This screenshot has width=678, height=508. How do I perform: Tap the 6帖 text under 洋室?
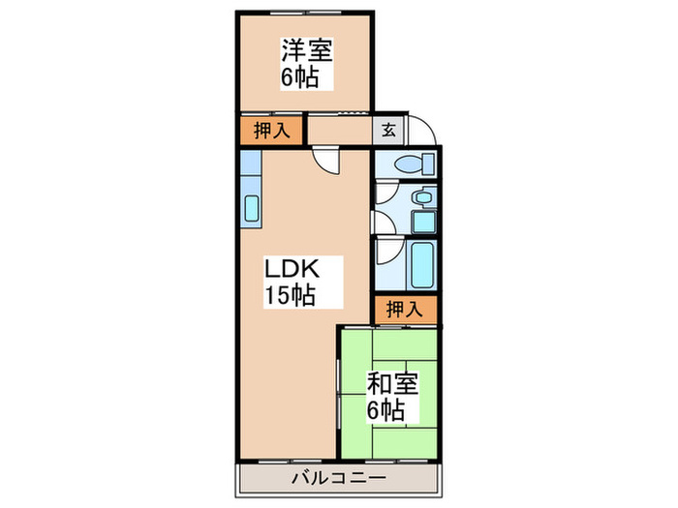coord(301,78)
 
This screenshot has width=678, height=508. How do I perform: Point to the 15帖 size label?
coord(290,296)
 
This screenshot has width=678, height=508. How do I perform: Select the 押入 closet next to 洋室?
coord(271,131)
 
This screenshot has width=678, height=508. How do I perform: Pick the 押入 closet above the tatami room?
coord(406,310)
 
